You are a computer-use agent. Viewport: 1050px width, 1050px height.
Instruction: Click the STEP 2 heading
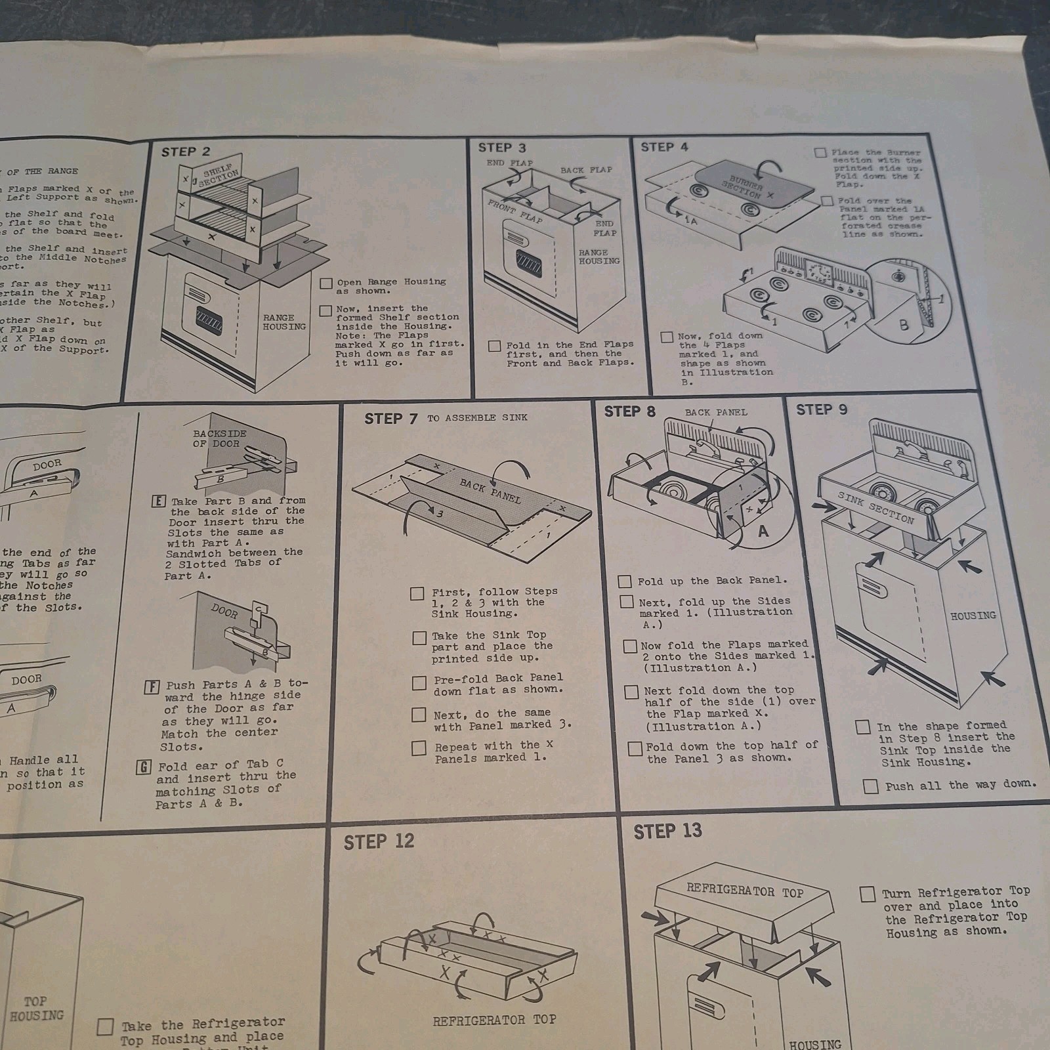coord(186,152)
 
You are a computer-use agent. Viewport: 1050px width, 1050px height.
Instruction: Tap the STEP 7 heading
coord(390,419)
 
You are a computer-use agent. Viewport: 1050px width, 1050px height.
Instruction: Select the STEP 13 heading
coord(667,831)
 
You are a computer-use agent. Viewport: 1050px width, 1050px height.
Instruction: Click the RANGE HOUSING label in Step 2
coord(284,322)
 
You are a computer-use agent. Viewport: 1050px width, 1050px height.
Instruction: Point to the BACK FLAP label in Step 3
coord(585,170)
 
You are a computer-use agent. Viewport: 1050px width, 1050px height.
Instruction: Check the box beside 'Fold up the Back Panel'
coord(625,581)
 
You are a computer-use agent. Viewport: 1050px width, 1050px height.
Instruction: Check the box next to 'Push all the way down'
coord(871,786)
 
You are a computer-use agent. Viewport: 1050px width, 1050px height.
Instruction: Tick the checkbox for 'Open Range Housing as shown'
coord(326,283)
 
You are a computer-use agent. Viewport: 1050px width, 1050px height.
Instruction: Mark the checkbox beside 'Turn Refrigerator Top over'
coord(867,894)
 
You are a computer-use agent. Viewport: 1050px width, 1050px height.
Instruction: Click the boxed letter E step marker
coord(158,501)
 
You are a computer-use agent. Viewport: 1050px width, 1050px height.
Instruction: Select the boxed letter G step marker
coord(144,766)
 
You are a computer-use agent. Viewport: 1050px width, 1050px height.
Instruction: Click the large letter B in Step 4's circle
coord(904,324)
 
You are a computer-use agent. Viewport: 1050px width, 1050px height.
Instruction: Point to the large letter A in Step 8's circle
coord(763,531)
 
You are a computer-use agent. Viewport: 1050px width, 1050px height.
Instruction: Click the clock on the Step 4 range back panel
coord(818,271)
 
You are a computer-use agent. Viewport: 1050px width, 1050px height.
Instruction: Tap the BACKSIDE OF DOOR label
coord(219,438)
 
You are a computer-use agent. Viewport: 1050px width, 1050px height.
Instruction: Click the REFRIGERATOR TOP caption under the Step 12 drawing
coord(494,1020)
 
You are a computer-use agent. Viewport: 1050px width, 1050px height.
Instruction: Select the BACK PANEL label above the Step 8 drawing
coord(716,412)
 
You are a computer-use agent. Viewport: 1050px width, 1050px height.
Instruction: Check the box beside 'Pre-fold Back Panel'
coord(419,683)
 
